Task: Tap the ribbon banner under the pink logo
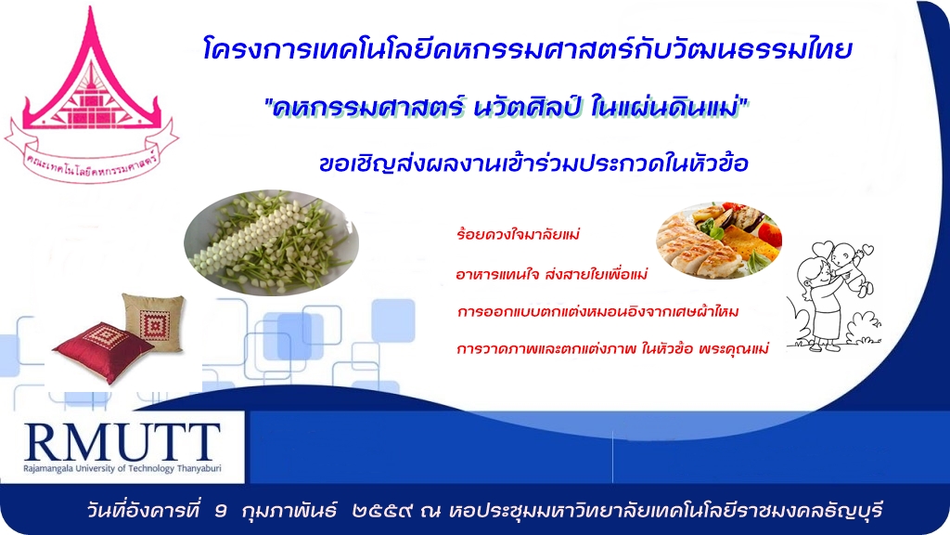91,156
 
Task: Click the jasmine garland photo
272,242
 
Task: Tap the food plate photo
719,241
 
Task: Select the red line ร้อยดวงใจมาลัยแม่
518,234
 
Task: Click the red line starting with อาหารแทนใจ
551,274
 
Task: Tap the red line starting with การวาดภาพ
612,349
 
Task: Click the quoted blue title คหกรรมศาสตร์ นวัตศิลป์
507,108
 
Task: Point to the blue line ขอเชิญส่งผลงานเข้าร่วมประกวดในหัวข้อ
533,163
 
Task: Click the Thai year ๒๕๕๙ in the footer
383,511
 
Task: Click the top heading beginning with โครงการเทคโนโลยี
528,48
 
